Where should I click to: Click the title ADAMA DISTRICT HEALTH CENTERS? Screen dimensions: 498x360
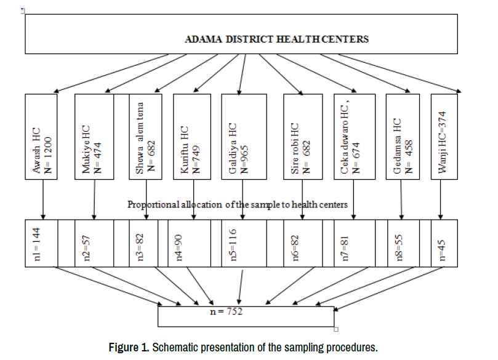point(276,39)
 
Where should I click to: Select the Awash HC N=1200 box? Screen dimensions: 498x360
point(41,137)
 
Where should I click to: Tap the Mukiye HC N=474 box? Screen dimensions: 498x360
point(94,137)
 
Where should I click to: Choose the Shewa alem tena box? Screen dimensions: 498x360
point(145,137)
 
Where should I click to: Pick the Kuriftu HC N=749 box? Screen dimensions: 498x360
point(192,137)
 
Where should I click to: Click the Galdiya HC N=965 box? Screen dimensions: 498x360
point(244,137)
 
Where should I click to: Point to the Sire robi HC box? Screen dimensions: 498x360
point(303,137)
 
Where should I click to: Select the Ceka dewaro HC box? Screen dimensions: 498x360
point(355,137)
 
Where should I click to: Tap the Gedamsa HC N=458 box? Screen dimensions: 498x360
point(403,137)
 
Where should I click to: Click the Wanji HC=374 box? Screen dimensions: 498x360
point(444,137)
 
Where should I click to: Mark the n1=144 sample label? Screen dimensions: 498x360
point(37,244)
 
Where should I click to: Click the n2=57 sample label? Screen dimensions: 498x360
point(87,247)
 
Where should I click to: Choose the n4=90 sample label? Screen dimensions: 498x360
point(180,247)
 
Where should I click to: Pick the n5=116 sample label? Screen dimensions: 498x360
point(233,245)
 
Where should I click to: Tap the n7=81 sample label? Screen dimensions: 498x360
point(345,248)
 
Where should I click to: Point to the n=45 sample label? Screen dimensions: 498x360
point(441,250)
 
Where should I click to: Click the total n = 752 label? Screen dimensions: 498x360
point(226,311)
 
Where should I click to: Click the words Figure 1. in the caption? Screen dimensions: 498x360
point(129,347)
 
